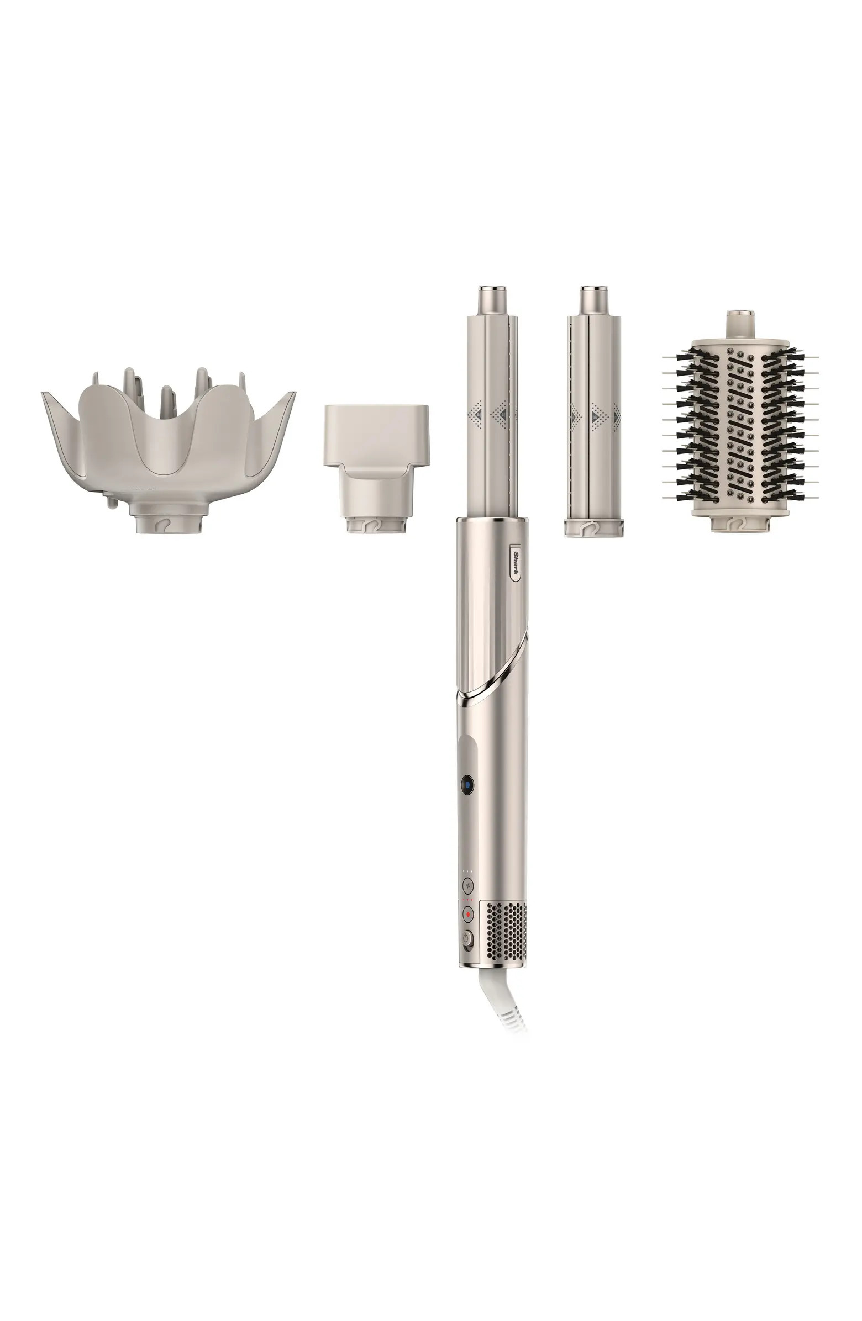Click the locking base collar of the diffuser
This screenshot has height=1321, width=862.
point(168,521)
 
